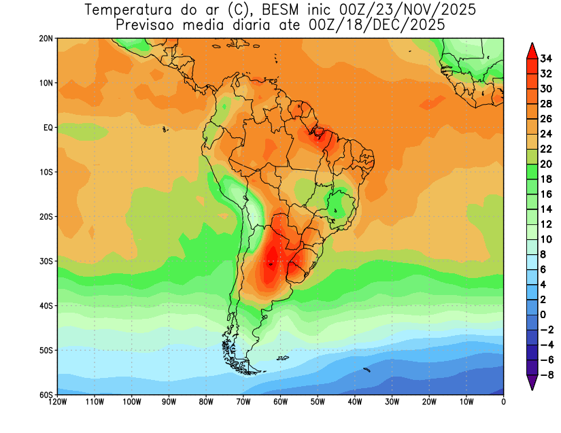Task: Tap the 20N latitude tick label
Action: (46, 39)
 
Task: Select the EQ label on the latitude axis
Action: (48, 128)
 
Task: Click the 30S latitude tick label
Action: (46, 262)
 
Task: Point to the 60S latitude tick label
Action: (46, 395)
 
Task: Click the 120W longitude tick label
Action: (58, 402)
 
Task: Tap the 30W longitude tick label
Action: (392, 402)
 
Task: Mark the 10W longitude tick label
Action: (466, 402)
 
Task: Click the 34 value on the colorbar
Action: (546, 58)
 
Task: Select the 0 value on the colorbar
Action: (543, 315)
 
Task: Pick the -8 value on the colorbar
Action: (547, 375)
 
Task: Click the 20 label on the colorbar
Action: (546, 164)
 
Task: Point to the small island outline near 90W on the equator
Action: (165, 128)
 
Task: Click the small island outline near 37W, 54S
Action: (367, 370)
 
